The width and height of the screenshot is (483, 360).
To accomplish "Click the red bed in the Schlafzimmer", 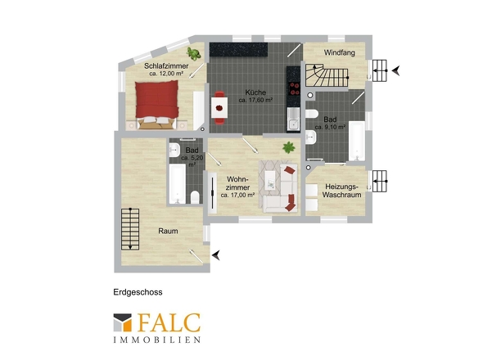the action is [157, 105].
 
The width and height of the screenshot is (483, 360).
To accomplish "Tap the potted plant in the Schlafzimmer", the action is [193, 53].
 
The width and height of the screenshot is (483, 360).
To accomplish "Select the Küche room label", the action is [255, 92].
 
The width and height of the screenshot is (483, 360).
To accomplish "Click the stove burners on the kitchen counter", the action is [294, 88].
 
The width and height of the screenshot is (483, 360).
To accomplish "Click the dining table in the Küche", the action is [219, 107].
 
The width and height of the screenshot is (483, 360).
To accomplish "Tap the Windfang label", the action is [340, 52].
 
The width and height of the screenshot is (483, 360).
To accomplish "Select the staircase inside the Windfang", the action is [327, 75].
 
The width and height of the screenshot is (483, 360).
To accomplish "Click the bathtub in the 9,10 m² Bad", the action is [357, 141].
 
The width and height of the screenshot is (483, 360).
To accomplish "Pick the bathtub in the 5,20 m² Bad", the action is [178, 184].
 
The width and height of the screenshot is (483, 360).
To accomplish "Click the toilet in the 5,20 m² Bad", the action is [195, 197].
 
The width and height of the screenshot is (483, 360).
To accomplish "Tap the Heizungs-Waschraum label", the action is [341, 191].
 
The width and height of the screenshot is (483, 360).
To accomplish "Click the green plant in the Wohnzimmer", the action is [289, 147].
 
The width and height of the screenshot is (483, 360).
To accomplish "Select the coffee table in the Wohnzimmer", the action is [270, 180].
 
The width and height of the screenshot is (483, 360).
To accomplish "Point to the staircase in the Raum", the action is [130, 229].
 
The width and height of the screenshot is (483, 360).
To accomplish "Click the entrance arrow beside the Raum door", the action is [216, 255].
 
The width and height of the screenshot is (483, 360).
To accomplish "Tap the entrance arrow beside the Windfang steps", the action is [396, 71].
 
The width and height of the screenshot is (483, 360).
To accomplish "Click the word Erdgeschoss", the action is [138, 292].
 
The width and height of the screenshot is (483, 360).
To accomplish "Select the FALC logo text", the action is [169, 322].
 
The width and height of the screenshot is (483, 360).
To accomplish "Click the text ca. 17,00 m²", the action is [237, 195].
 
